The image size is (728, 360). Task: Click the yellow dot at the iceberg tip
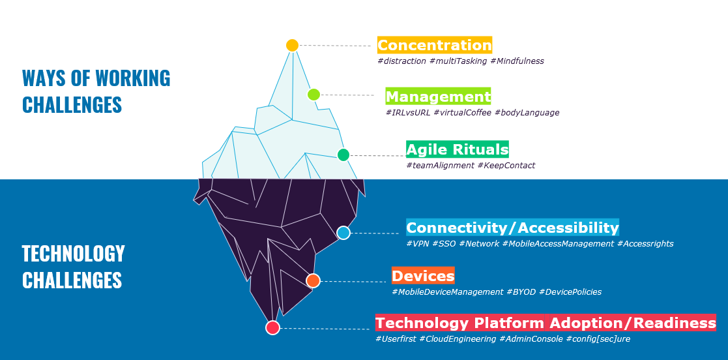[292, 45]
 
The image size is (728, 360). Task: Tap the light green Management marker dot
[313, 95]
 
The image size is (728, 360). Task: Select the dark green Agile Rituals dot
[343, 155]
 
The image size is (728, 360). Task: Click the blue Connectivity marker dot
[343, 233]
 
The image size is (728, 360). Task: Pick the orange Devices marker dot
[313, 280]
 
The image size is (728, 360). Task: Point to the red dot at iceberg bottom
[272, 327]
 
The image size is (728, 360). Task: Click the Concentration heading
[435, 45]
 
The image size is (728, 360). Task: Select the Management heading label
[438, 97]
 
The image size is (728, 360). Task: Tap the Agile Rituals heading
[457, 149]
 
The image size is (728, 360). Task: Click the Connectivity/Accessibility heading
[512, 228]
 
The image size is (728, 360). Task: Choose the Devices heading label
[423, 275]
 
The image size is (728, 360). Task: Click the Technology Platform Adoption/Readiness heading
[546, 323]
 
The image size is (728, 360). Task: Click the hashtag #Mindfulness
[516, 61]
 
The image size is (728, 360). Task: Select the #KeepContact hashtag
[506, 166]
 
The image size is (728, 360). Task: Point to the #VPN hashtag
[417, 244]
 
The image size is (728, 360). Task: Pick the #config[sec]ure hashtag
[598, 339]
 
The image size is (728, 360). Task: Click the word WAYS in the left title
[48, 78]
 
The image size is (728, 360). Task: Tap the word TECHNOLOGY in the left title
[73, 254]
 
